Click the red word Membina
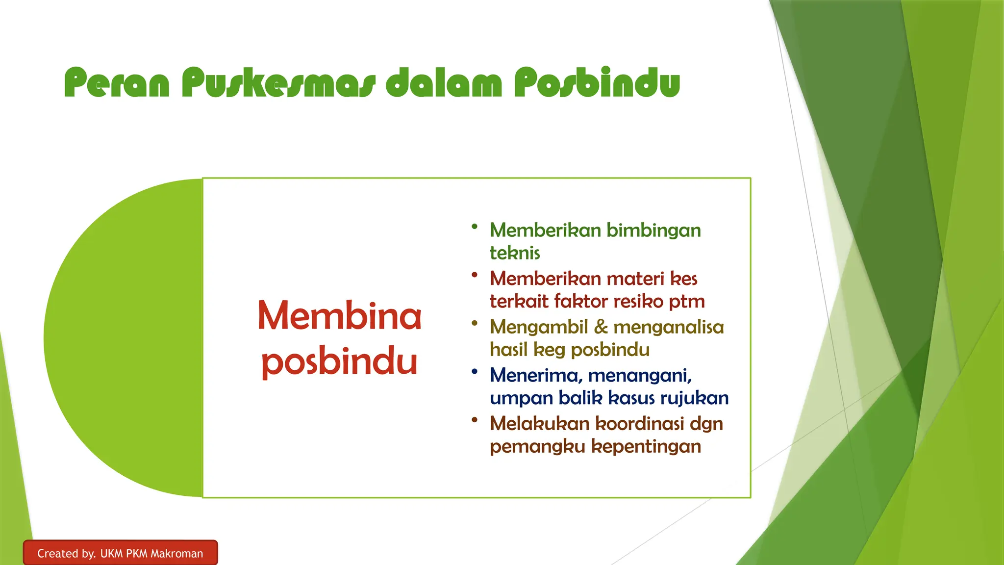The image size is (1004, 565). coord(339,316)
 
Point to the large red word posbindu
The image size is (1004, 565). coord(339,362)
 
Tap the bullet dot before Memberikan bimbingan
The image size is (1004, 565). coord(474,227)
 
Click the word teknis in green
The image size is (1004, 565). coord(515,253)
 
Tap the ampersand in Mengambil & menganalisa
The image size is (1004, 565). coord(601,327)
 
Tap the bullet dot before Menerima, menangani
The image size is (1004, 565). coord(474,372)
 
